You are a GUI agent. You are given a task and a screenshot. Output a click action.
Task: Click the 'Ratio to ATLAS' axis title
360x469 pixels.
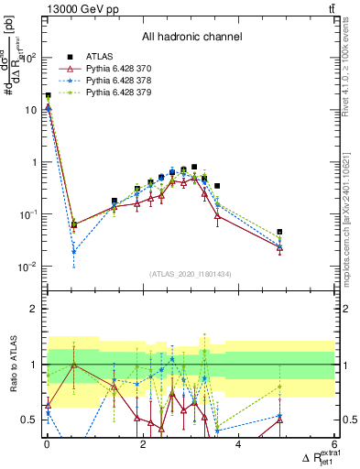[x=12, y=365]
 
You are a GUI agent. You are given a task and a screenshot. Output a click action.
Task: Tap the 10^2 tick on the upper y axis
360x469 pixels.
[x=29, y=57]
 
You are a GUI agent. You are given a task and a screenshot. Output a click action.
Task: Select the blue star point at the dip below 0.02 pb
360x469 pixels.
[x=73, y=251]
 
